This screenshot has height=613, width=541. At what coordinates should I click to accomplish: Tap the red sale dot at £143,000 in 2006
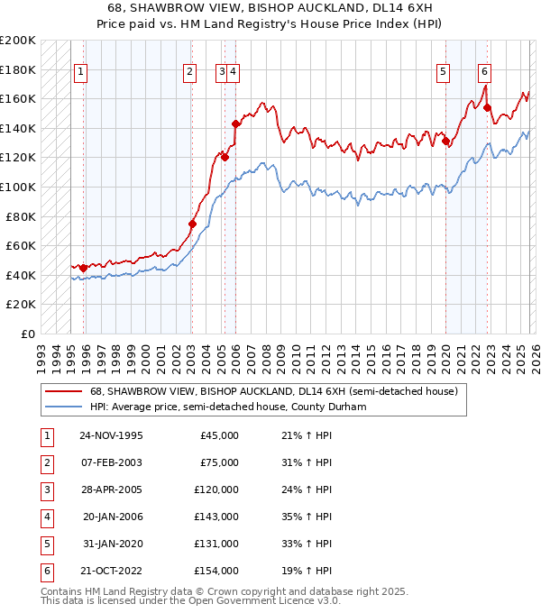click(x=235, y=124)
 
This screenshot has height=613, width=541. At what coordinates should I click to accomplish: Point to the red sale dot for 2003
click(x=192, y=224)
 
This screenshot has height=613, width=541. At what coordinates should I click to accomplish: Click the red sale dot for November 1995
click(x=84, y=268)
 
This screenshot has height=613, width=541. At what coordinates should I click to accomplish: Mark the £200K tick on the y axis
click(x=18, y=40)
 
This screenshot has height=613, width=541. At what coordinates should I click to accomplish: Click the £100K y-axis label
click(x=18, y=187)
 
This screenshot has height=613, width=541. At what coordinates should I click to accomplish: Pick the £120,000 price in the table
click(x=216, y=489)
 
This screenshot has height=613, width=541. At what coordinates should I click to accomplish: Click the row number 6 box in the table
click(x=46, y=571)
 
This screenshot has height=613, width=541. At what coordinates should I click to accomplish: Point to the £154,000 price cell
click(x=216, y=571)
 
